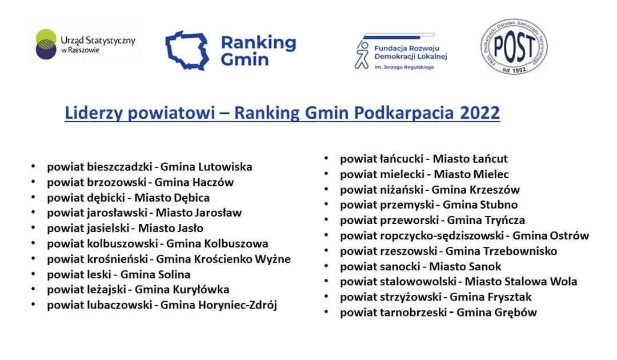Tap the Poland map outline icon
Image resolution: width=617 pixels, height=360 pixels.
tap(187, 50)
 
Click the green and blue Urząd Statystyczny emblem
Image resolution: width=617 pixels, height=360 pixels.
tap(46, 44)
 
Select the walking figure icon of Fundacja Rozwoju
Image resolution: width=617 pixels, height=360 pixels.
tap(362, 55)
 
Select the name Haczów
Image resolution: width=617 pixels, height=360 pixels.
tap(213, 182)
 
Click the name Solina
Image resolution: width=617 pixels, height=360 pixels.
tap(174, 274)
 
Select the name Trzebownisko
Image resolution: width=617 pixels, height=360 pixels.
tap(520, 251)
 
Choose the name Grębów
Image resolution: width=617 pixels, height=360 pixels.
tap(516, 313)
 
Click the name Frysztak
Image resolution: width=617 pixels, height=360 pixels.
tap(510, 297)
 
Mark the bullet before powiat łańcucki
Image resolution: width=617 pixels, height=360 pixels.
tap(326, 158)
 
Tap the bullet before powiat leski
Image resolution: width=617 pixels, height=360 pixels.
tap(34, 274)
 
